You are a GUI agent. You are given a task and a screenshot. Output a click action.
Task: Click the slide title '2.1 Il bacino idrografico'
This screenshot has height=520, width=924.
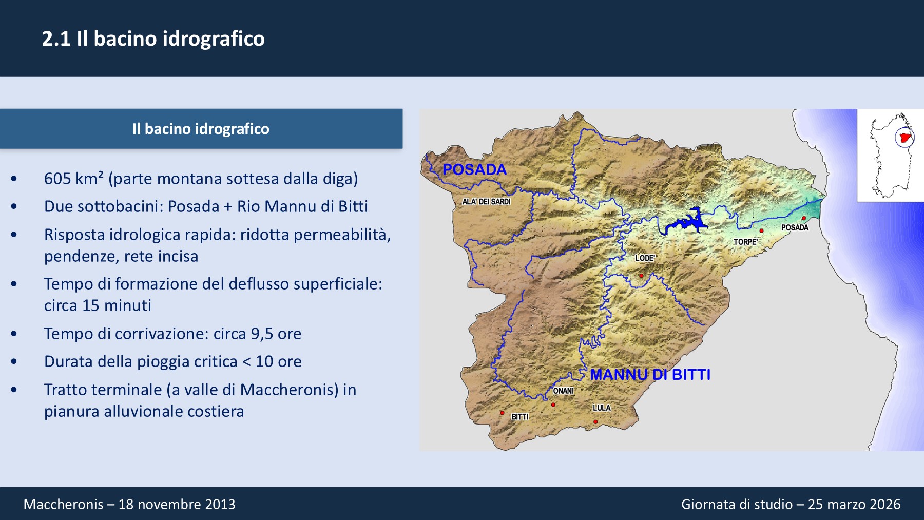(x=153, y=39)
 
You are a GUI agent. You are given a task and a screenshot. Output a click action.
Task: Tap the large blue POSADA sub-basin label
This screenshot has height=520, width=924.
(x=474, y=169)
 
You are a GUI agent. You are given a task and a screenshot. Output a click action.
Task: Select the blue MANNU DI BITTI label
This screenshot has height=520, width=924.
(x=650, y=375)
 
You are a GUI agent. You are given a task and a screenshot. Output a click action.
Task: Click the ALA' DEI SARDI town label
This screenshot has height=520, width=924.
(x=486, y=202)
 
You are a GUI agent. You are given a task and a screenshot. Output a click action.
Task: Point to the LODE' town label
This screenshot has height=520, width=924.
(x=645, y=258)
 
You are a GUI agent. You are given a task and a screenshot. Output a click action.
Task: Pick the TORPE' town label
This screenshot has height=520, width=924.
(x=746, y=242)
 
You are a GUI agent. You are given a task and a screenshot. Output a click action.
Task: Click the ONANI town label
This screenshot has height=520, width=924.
(x=563, y=391)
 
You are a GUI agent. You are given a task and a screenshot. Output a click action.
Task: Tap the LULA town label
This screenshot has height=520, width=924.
(x=602, y=408)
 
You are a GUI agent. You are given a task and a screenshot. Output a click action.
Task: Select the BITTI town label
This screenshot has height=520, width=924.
(x=520, y=417)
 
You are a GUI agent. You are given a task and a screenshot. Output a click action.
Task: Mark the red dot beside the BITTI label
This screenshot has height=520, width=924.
(x=502, y=413)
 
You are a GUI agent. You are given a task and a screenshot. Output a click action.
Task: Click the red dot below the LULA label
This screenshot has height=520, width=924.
(x=595, y=422)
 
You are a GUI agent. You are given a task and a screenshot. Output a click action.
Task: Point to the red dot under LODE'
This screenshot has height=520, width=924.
(x=641, y=276)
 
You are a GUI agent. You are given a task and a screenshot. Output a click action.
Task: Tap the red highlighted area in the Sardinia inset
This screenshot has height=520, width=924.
(x=905, y=138)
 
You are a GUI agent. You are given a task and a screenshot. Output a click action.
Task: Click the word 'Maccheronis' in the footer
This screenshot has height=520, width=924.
(x=64, y=504)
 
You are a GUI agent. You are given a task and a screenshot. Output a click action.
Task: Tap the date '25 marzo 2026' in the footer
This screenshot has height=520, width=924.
(x=854, y=504)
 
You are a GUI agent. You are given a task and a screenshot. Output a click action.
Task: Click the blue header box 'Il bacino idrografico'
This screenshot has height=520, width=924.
(x=201, y=129)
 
